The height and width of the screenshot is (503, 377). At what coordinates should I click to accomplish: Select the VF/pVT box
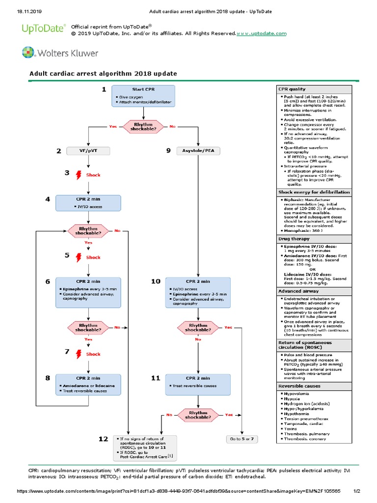coord(87,151)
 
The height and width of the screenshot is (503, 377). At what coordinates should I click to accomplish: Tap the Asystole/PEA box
coord(197,151)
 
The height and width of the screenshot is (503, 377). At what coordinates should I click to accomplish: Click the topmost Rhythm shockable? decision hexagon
coord(143,126)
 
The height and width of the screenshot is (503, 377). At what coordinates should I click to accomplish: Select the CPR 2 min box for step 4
coord(88,203)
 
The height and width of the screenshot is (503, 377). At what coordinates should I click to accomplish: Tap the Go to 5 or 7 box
coord(242,438)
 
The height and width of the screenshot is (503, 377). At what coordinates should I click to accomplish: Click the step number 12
coord(103,439)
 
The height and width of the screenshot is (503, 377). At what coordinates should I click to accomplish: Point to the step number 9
coord(168,151)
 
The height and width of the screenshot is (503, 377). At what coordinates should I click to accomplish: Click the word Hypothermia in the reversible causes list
coord(298,414)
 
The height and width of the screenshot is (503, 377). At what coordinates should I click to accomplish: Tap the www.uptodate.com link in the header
coord(262,33)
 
